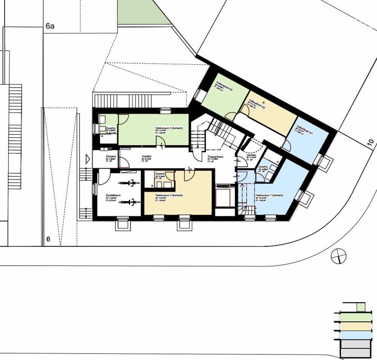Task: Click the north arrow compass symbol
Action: pos(338,257)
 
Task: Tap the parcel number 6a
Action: pos(50,26)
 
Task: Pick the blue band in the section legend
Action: pos(355,334)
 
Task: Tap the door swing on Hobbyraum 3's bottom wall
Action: pos(160,141)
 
